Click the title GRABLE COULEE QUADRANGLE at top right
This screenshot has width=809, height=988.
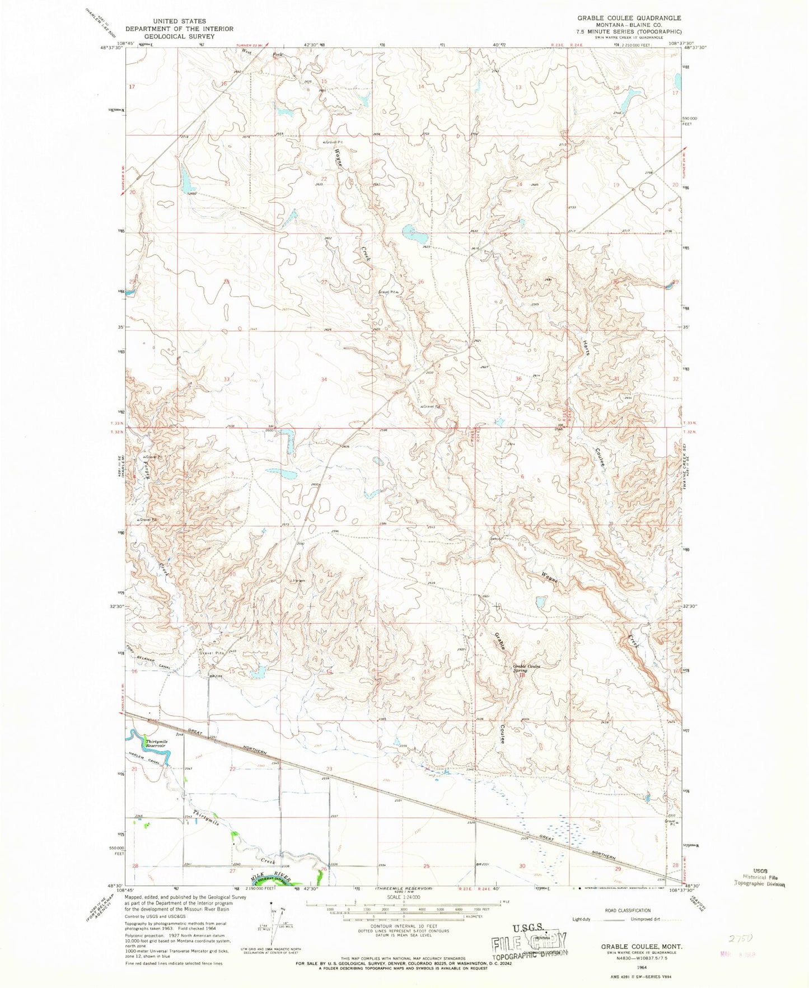pyautogui.click(x=629, y=18)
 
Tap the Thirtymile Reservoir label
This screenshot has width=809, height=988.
pyautogui.click(x=156, y=743)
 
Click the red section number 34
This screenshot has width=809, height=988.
pyautogui.click(x=324, y=380)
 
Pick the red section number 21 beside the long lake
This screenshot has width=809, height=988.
pyautogui.click(x=227, y=184)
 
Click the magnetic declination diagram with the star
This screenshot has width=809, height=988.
pyautogui.click(x=273, y=922)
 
